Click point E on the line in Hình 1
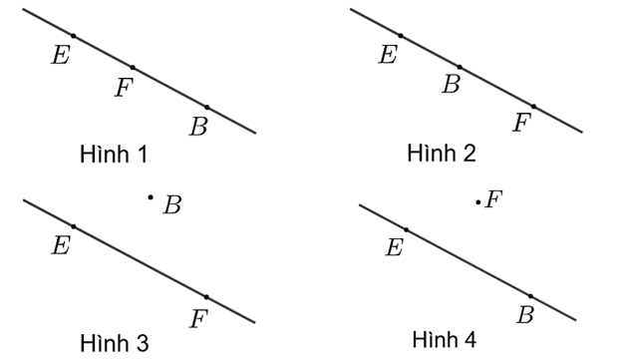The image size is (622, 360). (x=74, y=36)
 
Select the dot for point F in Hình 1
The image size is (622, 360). (x=133, y=68)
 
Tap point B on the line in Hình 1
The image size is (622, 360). (x=206, y=106)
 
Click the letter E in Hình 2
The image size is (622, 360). (x=388, y=55)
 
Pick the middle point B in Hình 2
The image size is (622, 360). (x=460, y=67)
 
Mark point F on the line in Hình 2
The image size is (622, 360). (x=533, y=106)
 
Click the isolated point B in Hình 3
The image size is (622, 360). (x=151, y=197)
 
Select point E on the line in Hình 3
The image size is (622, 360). (x=74, y=226)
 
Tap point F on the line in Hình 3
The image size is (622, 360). (x=206, y=296)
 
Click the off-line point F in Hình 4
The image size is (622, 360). (x=478, y=202)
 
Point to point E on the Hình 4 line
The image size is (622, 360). (x=407, y=230)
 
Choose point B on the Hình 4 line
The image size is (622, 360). (x=530, y=295)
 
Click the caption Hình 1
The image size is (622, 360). (x=114, y=155)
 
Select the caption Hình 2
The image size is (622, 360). (x=442, y=154)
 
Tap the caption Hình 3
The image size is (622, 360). (x=114, y=344)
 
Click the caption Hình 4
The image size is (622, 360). (x=444, y=339)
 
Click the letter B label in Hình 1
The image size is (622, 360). (x=198, y=127)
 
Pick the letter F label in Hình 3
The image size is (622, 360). (x=198, y=319)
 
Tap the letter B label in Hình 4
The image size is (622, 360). (x=524, y=316)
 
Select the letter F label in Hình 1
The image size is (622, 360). (x=124, y=89)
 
